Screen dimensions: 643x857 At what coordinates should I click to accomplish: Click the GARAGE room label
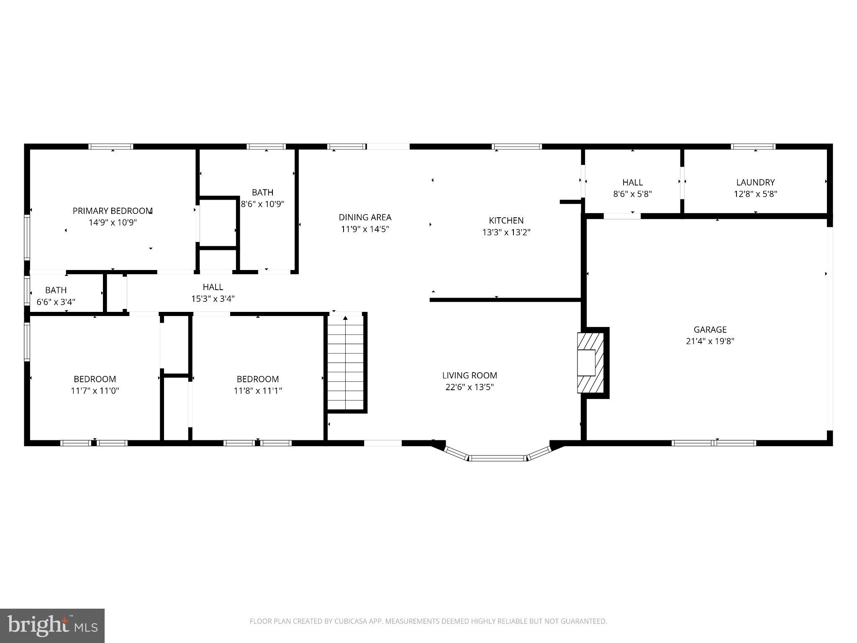pyautogui.click(x=710, y=329)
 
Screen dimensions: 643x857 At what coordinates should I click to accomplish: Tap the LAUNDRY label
pyautogui.click(x=755, y=182)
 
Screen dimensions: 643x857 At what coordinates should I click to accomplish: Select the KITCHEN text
pyautogui.click(x=506, y=220)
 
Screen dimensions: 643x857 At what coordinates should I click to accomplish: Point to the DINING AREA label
pyautogui.click(x=365, y=217)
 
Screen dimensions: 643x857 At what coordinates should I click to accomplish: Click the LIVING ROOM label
pyautogui.click(x=470, y=375)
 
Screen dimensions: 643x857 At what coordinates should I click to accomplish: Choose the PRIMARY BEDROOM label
pyautogui.click(x=113, y=211)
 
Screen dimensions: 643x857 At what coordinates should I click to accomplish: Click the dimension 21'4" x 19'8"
pyautogui.click(x=710, y=341)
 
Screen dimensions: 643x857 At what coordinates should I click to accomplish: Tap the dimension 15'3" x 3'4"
pyautogui.click(x=213, y=298)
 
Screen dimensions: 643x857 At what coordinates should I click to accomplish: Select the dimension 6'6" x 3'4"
pyautogui.click(x=56, y=302)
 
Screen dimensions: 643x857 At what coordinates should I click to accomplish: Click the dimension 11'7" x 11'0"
pyautogui.click(x=95, y=391)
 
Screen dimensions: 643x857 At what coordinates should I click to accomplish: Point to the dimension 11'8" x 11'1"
pyautogui.click(x=258, y=391)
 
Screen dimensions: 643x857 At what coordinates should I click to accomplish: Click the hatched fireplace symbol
pyautogui.click(x=590, y=363)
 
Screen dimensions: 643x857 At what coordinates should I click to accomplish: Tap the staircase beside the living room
pyautogui.click(x=345, y=363)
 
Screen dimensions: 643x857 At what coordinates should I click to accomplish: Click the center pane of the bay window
pyautogui.click(x=497, y=458)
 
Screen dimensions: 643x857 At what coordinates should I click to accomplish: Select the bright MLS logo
pyautogui.click(x=52, y=625)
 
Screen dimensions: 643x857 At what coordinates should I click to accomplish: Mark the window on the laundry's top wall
pyautogui.click(x=753, y=147)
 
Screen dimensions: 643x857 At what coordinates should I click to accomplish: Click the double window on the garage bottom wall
pyautogui.click(x=714, y=443)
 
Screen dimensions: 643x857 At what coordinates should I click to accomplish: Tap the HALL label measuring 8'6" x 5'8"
pyautogui.click(x=632, y=182)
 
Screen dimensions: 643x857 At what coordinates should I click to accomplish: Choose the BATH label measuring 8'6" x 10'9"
pyautogui.click(x=262, y=192)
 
